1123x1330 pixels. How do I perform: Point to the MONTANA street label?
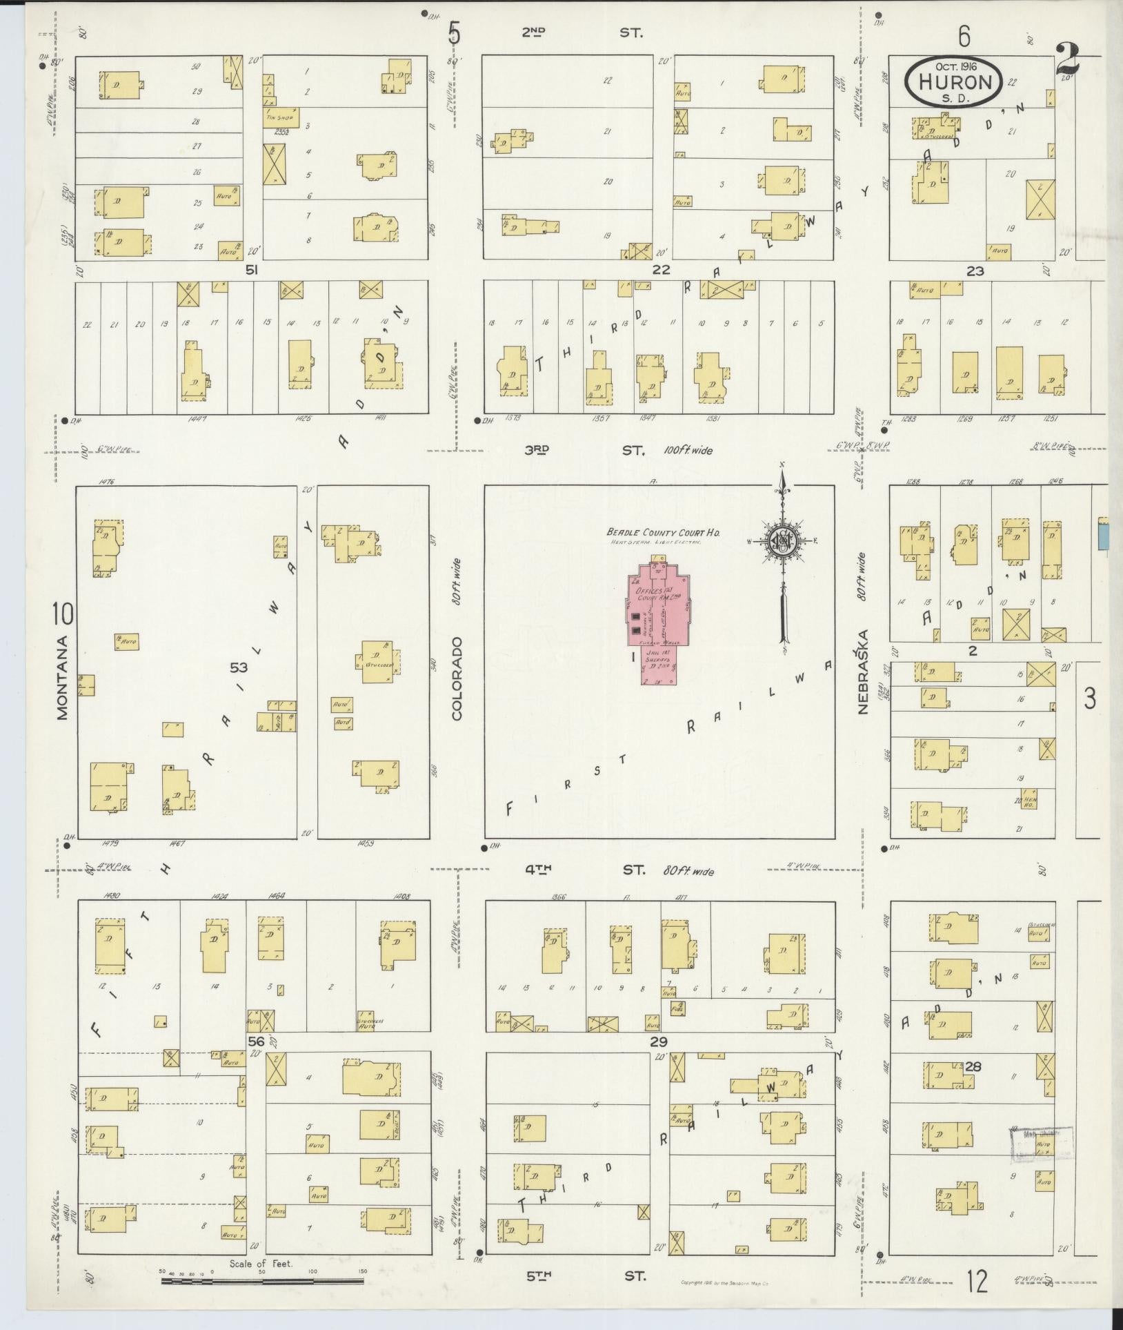[x=63, y=678]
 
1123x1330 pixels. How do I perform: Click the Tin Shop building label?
[x=279, y=117]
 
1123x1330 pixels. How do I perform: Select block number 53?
[x=238, y=667]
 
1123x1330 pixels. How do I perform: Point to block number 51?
[x=252, y=271]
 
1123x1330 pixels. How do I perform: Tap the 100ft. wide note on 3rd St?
[x=688, y=451]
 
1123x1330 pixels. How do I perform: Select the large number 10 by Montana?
[x=62, y=612]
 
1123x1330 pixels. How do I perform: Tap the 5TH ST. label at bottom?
[x=585, y=1275]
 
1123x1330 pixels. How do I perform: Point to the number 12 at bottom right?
[x=977, y=1282]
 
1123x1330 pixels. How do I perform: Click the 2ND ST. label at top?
[x=581, y=32]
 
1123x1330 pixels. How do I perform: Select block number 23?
[x=974, y=271]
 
